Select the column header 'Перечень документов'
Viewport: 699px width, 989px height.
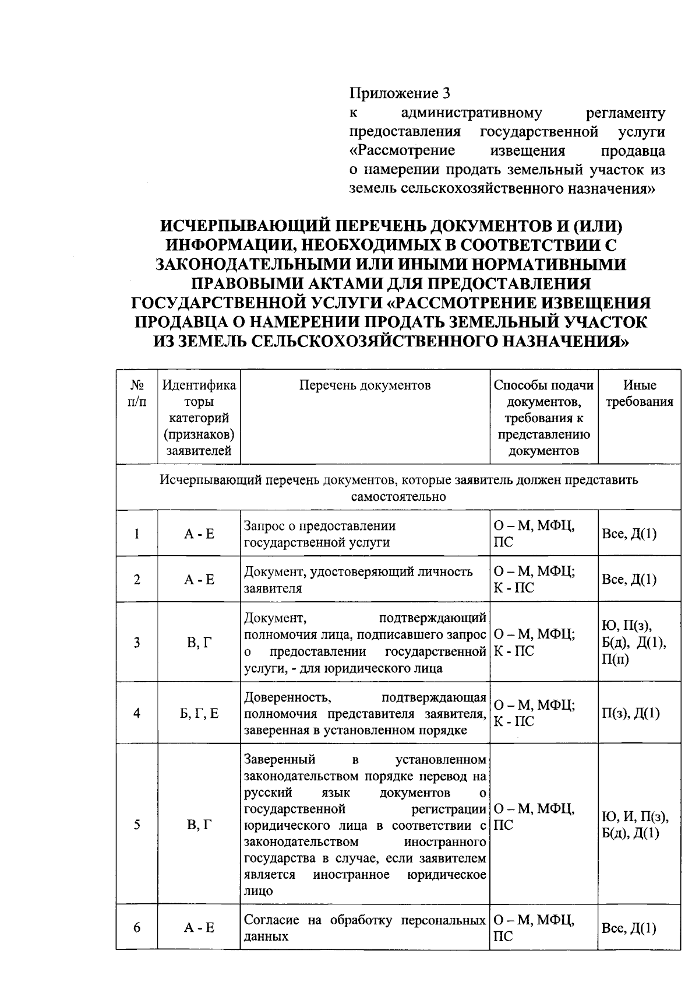(x=365, y=385)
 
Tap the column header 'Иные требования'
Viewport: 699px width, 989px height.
(x=640, y=394)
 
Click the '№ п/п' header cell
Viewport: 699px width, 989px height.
(x=137, y=394)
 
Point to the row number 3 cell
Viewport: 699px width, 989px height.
(x=137, y=643)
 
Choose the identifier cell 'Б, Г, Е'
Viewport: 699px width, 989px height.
(x=199, y=713)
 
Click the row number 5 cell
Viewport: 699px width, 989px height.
(x=137, y=825)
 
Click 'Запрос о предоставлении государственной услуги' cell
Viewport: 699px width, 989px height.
(x=320, y=534)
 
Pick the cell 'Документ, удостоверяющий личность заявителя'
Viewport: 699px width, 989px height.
(x=358, y=580)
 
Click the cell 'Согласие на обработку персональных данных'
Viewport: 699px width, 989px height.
(x=365, y=928)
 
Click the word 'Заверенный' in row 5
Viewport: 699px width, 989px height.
(x=280, y=759)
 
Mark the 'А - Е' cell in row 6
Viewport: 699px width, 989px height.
(x=199, y=928)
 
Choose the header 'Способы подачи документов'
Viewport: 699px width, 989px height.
(x=543, y=418)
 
